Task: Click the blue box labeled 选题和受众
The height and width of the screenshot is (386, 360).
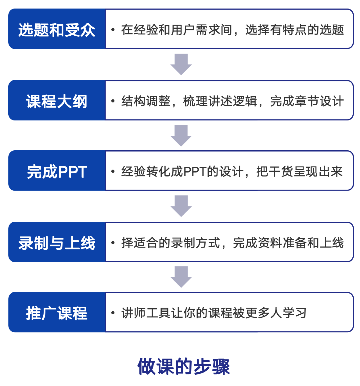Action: [57, 29]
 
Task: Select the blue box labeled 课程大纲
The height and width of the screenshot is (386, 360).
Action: [57, 100]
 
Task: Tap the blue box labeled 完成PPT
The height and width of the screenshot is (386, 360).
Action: [57, 171]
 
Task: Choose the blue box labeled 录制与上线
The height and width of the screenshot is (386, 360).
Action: [57, 242]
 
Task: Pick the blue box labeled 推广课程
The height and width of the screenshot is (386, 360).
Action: [57, 312]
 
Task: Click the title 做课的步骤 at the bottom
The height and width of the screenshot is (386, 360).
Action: [184, 366]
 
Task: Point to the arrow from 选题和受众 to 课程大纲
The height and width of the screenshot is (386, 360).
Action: [181, 64]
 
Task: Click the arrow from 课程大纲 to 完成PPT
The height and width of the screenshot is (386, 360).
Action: [181, 136]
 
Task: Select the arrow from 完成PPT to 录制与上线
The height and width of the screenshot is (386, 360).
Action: [181, 206]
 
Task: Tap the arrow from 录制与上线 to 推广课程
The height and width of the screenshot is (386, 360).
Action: [181, 277]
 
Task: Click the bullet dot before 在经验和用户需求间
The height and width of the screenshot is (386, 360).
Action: [113, 30]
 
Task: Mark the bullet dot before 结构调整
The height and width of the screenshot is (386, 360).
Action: [113, 101]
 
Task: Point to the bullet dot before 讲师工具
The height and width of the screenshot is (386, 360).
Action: [113, 313]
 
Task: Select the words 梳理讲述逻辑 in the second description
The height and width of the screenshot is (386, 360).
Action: [220, 101]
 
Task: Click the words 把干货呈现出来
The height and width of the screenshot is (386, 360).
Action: [300, 172]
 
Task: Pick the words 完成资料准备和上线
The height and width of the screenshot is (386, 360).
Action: [288, 243]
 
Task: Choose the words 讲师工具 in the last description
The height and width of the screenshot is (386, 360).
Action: [146, 313]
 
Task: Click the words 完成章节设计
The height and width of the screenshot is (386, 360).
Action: [307, 101]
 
